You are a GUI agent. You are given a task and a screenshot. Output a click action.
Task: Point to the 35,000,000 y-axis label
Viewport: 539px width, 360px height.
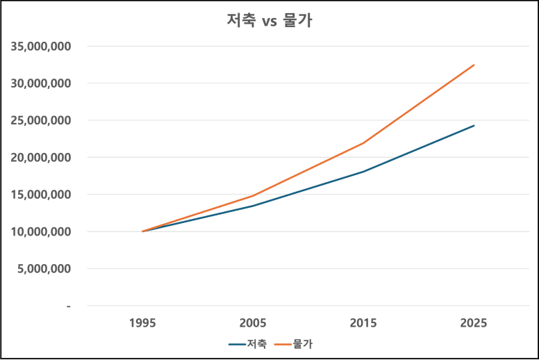tap(41, 47)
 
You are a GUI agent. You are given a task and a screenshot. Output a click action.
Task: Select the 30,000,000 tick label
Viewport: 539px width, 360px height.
tap(41, 83)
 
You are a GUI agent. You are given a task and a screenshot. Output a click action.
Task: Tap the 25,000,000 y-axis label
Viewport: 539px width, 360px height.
tap(41, 121)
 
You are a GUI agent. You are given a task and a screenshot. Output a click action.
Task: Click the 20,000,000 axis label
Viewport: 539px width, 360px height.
tap(41, 158)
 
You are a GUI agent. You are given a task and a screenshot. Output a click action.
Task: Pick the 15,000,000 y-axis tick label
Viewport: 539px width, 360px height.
tap(41, 195)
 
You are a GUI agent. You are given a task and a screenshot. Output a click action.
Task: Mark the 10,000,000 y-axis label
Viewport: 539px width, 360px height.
tap(41, 231)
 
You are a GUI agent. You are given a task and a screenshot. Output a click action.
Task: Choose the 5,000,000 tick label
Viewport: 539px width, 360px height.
tap(44, 268)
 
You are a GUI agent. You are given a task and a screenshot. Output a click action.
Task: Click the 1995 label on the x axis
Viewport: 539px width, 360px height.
tap(142, 323)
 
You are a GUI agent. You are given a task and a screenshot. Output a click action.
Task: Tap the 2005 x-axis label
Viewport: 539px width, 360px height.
tap(253, 323)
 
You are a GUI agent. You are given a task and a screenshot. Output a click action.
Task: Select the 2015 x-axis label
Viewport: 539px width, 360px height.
tap(363, 323)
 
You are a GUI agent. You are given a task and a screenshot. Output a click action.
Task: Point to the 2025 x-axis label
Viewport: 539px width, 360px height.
tap(474, 323)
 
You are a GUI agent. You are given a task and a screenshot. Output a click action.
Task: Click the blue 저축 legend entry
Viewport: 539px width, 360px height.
tap(247, 344)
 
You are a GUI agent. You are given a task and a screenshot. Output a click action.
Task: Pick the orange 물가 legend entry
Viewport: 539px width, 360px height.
tap(294, 344)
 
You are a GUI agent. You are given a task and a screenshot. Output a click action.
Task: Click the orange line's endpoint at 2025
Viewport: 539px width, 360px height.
tap(474, 65)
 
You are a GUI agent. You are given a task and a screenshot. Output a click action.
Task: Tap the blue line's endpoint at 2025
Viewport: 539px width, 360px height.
tap(474, 126)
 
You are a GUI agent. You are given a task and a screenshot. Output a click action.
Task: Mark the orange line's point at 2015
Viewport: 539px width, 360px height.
tap(363, 143)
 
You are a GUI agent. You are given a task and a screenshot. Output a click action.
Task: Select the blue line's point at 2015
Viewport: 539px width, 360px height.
tap(363, 171)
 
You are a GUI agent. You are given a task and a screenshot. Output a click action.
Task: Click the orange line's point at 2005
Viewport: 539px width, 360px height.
tap(253, 196)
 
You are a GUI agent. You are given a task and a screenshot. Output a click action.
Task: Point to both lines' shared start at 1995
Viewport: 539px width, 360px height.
tap(142, 231)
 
